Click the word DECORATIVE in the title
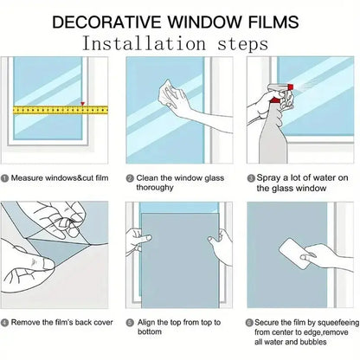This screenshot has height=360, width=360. (x=106, y=22)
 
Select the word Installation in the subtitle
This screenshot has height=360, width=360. (x=145, y=44)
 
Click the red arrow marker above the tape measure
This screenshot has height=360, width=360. (x=83, y=104)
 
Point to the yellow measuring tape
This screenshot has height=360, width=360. (x=61, y=110)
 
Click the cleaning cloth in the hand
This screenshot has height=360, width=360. (x=170, y=93)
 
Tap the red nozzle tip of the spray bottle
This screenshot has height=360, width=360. (x=290, y=87)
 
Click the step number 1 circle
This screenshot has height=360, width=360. (x=5, y=178)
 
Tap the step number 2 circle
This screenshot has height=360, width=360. (x=130, y=178)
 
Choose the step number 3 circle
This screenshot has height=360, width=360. (x=251, y=178)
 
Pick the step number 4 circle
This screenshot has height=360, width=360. (x=5, y=323)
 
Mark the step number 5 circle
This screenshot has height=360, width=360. (x=130, y=323)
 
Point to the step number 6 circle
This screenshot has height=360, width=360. (x=249, y=323)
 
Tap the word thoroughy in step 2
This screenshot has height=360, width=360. (x=155, y=188)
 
